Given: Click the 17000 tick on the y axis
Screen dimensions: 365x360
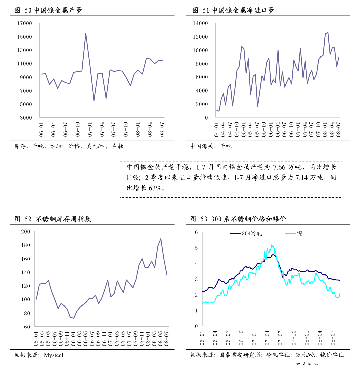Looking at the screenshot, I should (x=25, y=23).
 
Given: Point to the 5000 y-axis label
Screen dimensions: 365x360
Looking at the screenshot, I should (x=26, y=104).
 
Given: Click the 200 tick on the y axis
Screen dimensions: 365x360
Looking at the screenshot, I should (x=26, y=232).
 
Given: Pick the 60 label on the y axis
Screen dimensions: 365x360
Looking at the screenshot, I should (x=27, y=327).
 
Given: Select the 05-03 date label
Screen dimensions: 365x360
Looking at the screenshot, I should (x=42, y=338).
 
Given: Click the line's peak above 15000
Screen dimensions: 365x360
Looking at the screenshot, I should (x=86, y=33).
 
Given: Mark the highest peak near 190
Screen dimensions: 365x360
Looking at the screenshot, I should (x=161, y=238).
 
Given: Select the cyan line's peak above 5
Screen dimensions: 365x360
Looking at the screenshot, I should (x=272, y=245).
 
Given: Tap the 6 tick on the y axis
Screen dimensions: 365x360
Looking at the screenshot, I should (x=197, y=232).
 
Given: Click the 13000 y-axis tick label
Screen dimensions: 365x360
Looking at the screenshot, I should (x=25, y=50).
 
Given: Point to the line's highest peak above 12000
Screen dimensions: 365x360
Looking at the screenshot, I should (x=328, y=32).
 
